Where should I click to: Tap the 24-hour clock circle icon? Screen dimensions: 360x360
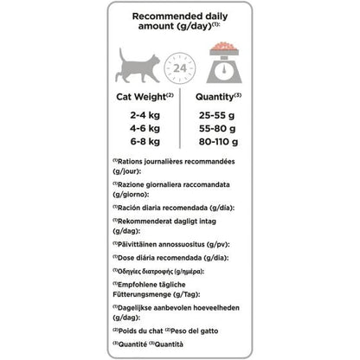(180, 68)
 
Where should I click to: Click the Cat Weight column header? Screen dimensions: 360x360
(139, 98)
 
